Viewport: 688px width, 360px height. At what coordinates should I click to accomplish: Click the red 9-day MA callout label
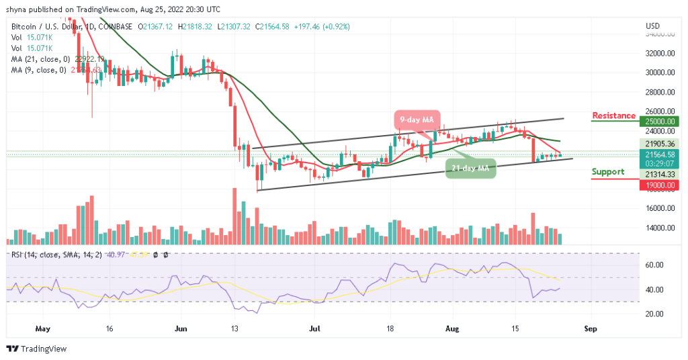[417, 120]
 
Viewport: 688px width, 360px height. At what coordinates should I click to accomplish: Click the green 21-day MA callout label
[471, 167]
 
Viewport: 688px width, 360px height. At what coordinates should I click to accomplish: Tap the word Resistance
[613, 116]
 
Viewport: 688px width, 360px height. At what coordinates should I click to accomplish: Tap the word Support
[607, 171]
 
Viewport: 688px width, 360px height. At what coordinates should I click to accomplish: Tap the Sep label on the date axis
[591, 329]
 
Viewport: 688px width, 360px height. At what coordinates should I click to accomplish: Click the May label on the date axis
[42, 329]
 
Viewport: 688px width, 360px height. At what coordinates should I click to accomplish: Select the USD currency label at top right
[651, 26]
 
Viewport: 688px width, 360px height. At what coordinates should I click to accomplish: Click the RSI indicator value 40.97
[110, 255]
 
